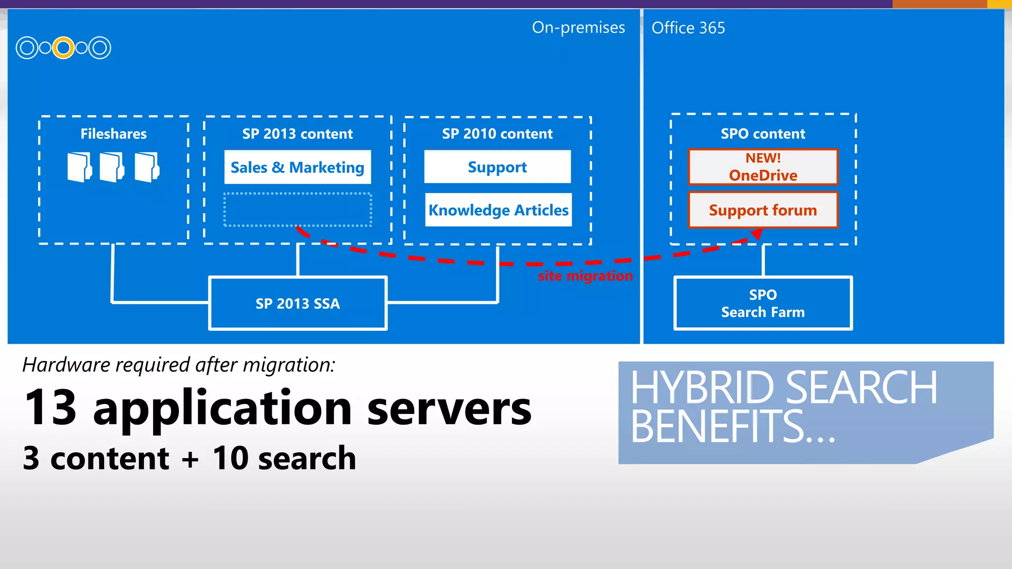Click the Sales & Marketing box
click(297, 167)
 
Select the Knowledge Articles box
click(498, 210)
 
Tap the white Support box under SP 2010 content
click(497, 167)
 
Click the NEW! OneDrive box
click(763, 167)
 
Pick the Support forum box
click(763, 210)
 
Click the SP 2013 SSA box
click(297, 303)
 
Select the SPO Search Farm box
click(763, 303)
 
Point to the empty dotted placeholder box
click(297, 209)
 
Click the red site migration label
click(585, 276)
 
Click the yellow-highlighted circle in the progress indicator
click(63, 48)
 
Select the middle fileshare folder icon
click(112, 167)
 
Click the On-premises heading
click(578, 28)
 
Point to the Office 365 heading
click(688, 28)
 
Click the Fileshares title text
click(114, 134)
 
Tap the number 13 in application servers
click(51, 408)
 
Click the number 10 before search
click(230, 458)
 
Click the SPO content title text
click(763, 134)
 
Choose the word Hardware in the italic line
click(66, 365)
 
